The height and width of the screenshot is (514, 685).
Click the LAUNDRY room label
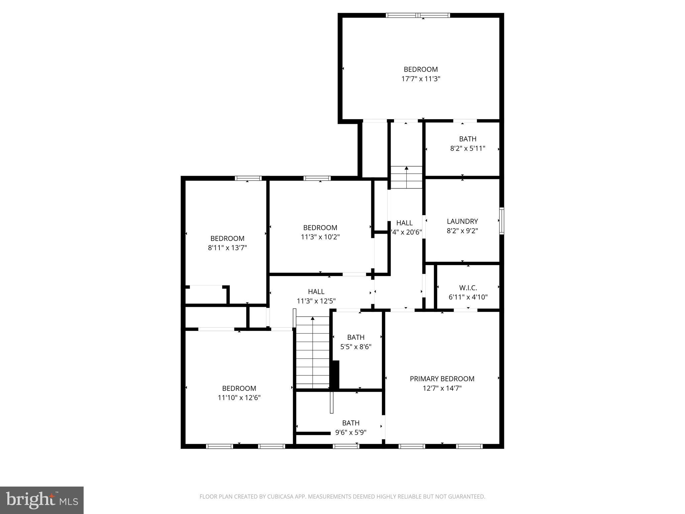462,221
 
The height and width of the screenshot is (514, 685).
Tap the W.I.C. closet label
468,288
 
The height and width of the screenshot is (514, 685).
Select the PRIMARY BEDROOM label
442,378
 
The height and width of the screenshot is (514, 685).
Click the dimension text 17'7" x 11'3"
421,79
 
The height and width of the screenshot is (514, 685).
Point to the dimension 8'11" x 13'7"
227,248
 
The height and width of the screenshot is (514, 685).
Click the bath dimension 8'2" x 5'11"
467,148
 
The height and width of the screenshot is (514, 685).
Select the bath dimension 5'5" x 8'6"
356,347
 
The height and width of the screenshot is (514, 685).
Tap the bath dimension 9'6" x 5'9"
351,432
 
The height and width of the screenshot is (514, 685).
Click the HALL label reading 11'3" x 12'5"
316,301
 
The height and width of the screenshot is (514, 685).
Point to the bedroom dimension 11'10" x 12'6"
239,398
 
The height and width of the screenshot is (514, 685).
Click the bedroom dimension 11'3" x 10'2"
320,237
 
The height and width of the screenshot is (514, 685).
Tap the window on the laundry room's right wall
502,221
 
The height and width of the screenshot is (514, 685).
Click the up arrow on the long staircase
313,319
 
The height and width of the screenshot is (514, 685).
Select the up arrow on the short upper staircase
406,168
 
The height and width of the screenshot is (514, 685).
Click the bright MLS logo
42,500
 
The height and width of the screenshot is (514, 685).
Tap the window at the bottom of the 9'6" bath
346,446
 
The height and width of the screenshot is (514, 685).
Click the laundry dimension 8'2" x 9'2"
462,231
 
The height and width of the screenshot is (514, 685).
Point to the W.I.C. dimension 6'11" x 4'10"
468,297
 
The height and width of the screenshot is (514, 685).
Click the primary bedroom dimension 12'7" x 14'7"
442,388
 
